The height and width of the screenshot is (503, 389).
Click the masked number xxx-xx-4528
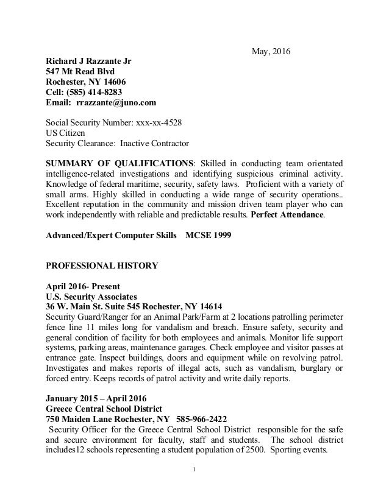click(x=158, y=122)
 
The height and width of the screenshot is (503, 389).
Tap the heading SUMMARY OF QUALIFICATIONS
click(x=120, y=164)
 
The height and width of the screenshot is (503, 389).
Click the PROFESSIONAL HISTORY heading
click(x=102, y=266)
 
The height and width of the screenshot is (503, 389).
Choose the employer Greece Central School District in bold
click(x=107, y=409)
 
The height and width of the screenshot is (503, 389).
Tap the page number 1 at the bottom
click(x=194, y=470)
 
